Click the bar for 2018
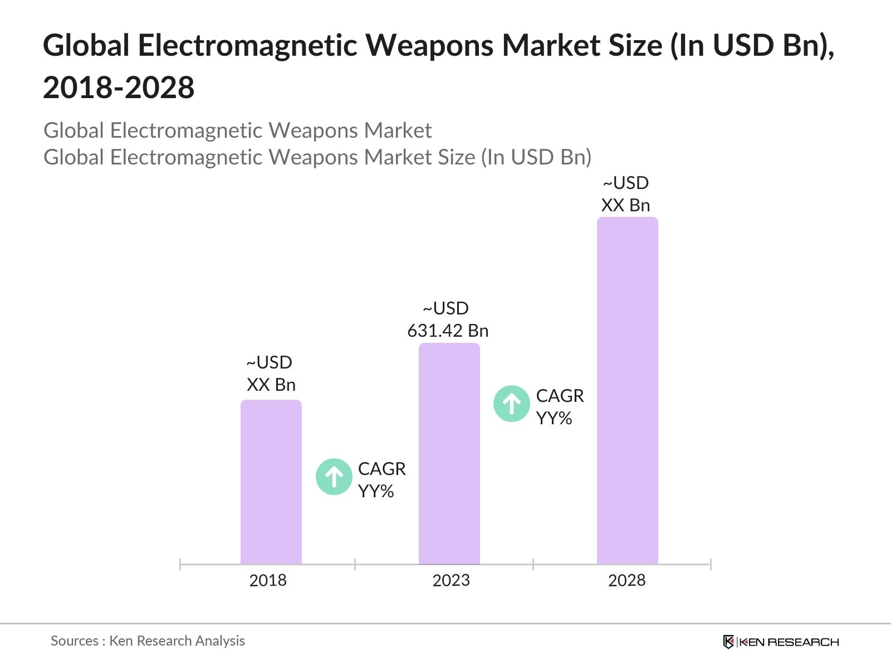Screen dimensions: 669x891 [x=271, y=482]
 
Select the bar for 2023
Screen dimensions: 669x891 [x=449, y=454]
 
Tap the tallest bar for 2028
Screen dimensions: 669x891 [x=627, y=390]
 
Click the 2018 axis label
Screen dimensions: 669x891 [x=268, y=580]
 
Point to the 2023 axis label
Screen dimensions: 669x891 [x=451, y=580]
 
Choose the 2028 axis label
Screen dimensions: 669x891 [x=626, y=580]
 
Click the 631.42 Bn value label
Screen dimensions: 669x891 [x=448, y=331]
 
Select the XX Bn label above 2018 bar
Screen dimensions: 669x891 [x=271, y=385]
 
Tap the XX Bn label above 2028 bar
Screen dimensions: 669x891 [x=625, y=205]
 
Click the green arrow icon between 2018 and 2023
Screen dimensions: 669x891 [x=334, y=477]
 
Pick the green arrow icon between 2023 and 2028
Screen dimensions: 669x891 [x=511, y=404]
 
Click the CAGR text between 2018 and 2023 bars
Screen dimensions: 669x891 [x=381, y=469]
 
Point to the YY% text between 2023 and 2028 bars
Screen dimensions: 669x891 [x=554, y=418]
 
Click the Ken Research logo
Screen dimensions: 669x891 [x=781, y=642]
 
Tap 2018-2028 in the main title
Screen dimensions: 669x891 [x=119, y=88]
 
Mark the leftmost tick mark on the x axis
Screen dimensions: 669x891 [x=180, y=564]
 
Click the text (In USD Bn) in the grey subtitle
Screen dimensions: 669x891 [x=536, y=157]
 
